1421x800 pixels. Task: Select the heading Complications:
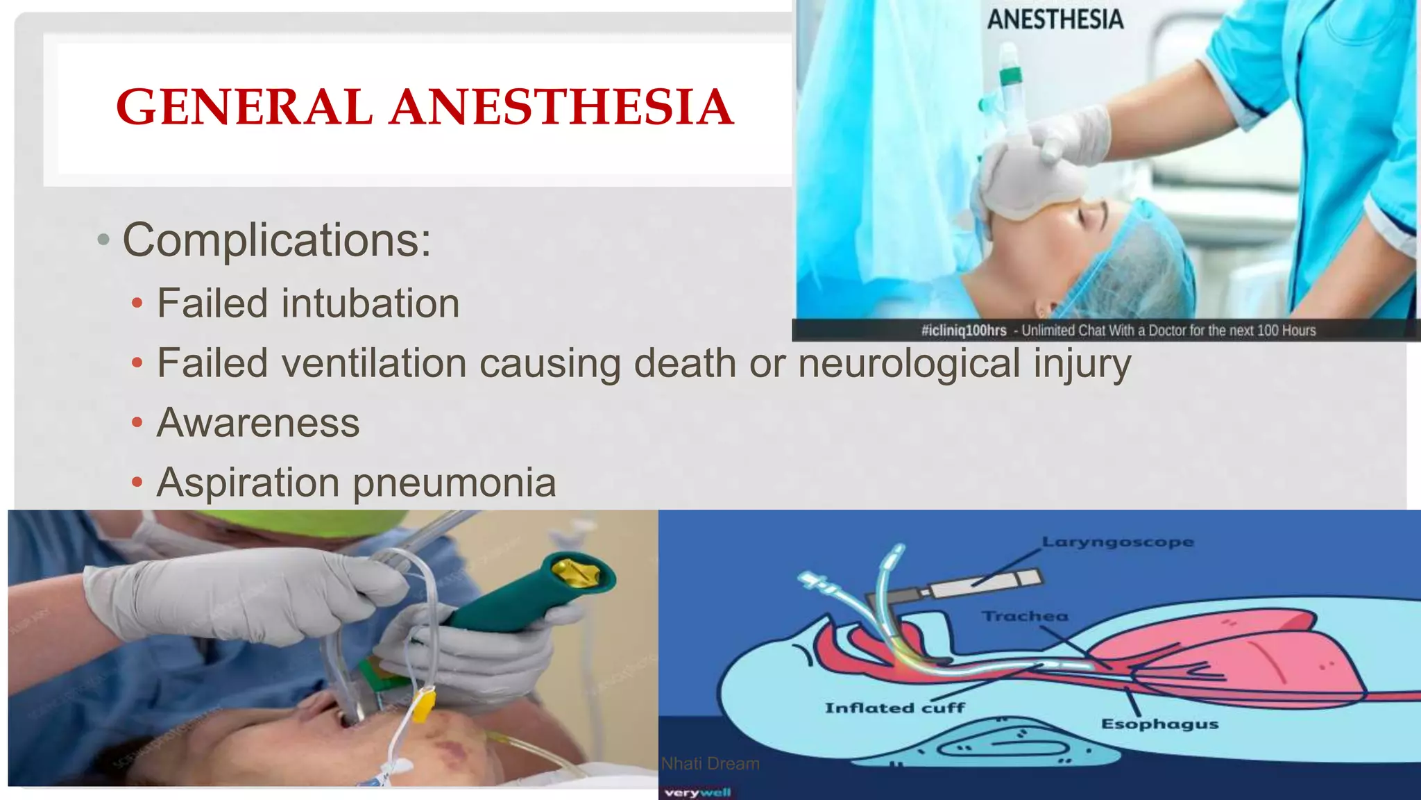tap(276, 240)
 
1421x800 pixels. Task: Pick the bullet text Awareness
tap(258, 423)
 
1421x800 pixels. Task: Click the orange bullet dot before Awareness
tap(137, 422)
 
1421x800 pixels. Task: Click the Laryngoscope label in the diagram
tap(1117, 542)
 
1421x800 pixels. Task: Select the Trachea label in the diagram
tap(1024, 616)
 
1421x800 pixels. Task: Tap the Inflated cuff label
tap(894, 708)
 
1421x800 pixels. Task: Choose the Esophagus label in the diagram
tap(1159, 724)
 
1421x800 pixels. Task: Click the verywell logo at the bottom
tap(697, 792)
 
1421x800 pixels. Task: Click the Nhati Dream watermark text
tap(710, 763)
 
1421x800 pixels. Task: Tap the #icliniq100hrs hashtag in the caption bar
tap(963, 331)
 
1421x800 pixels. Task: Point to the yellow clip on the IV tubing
tap(423, 703)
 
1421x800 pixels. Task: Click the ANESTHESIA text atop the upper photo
tap(1055, 19)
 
